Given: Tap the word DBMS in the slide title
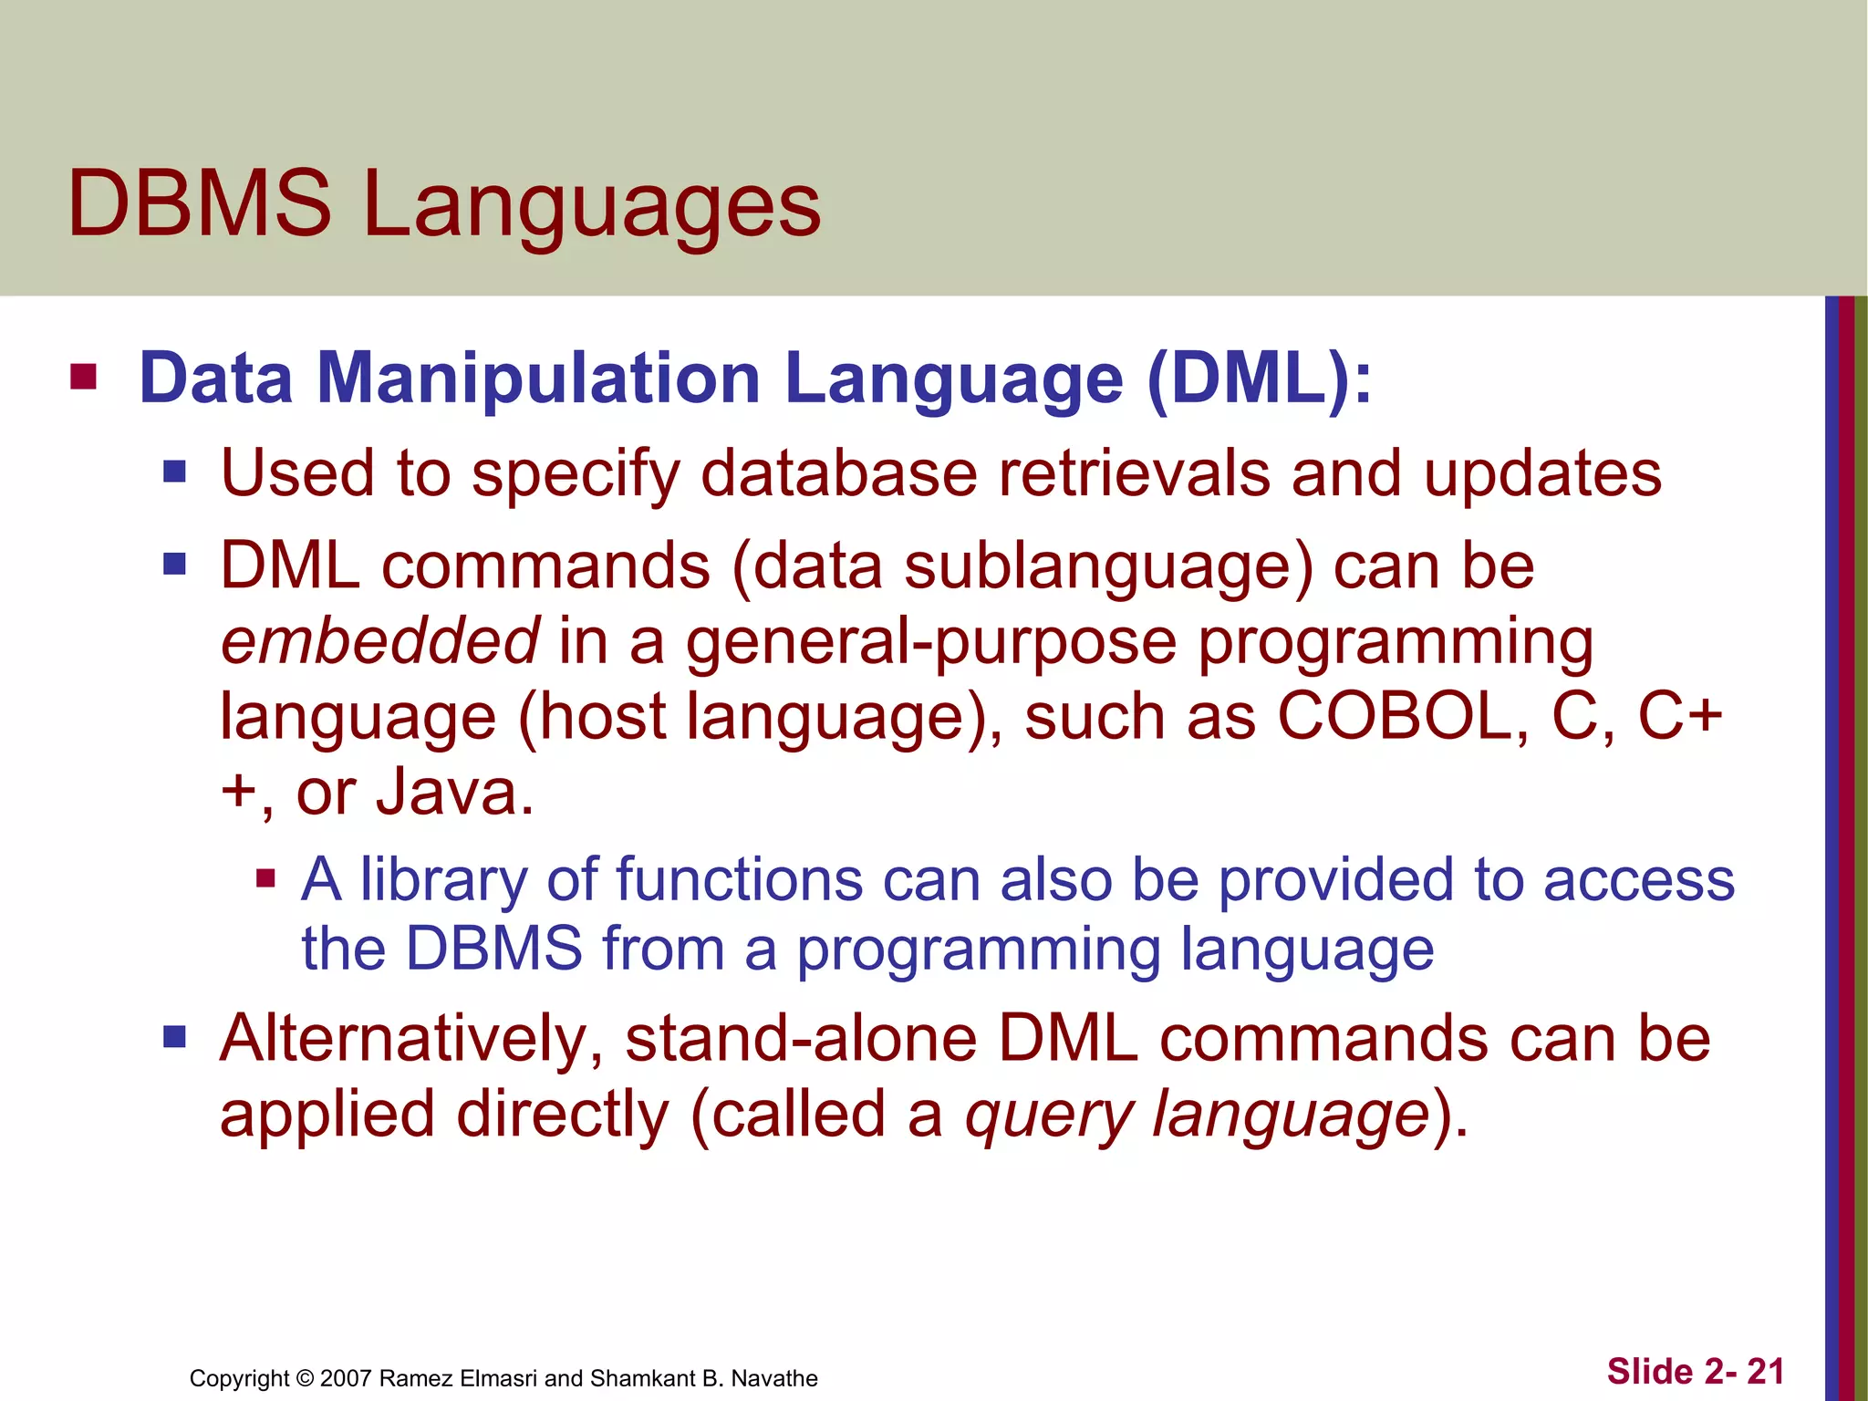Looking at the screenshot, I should click(x=200, y=204).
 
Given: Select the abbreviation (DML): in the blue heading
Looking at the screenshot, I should click(x=1260, y=379).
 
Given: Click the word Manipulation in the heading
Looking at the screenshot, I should click(x=538, y=379).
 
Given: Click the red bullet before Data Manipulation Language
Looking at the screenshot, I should click(x=83, y=377).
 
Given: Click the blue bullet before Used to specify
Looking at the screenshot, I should click(x=174, y=472).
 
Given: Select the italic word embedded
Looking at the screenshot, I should click(x=380, y=641).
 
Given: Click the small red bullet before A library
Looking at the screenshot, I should click(x=265, y=878).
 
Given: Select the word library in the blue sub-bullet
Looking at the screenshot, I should click(x=443, y=881).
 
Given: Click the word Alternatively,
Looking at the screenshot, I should click(x=411, y=1040).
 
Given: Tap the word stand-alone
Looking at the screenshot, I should click(x=801, y=1040).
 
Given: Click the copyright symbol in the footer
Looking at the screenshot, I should click(x=305, y=1378).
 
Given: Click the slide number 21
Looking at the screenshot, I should click(x=1765, y=1372).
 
